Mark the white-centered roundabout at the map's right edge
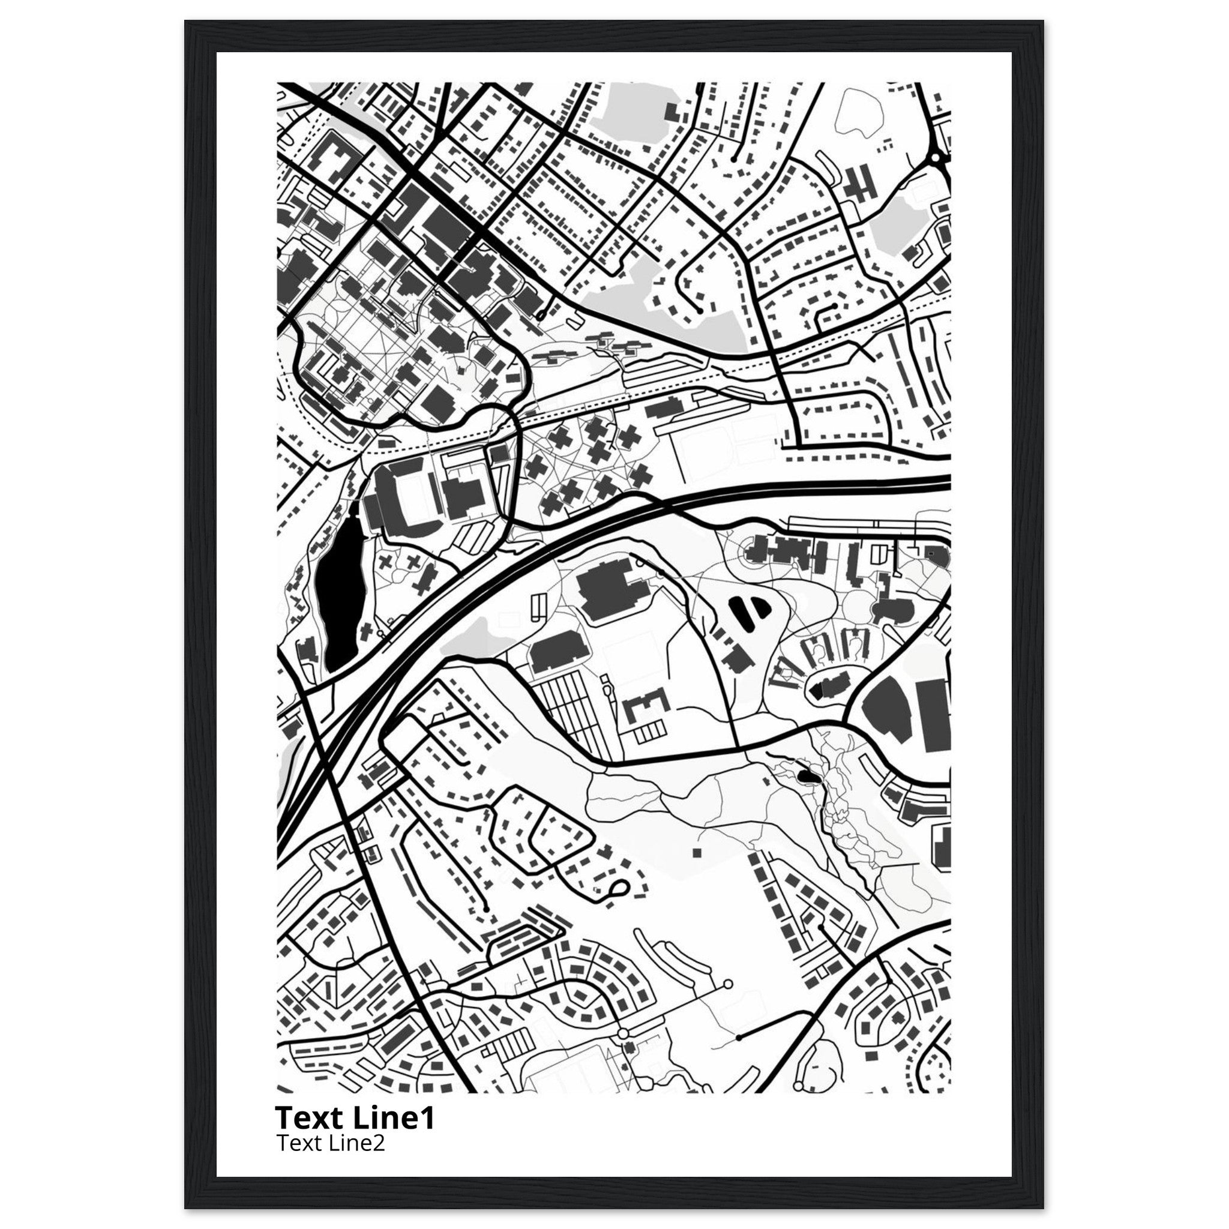[x=935, y=157]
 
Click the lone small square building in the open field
[x=697, y=852]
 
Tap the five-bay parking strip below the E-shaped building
[x=648, y=733]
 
